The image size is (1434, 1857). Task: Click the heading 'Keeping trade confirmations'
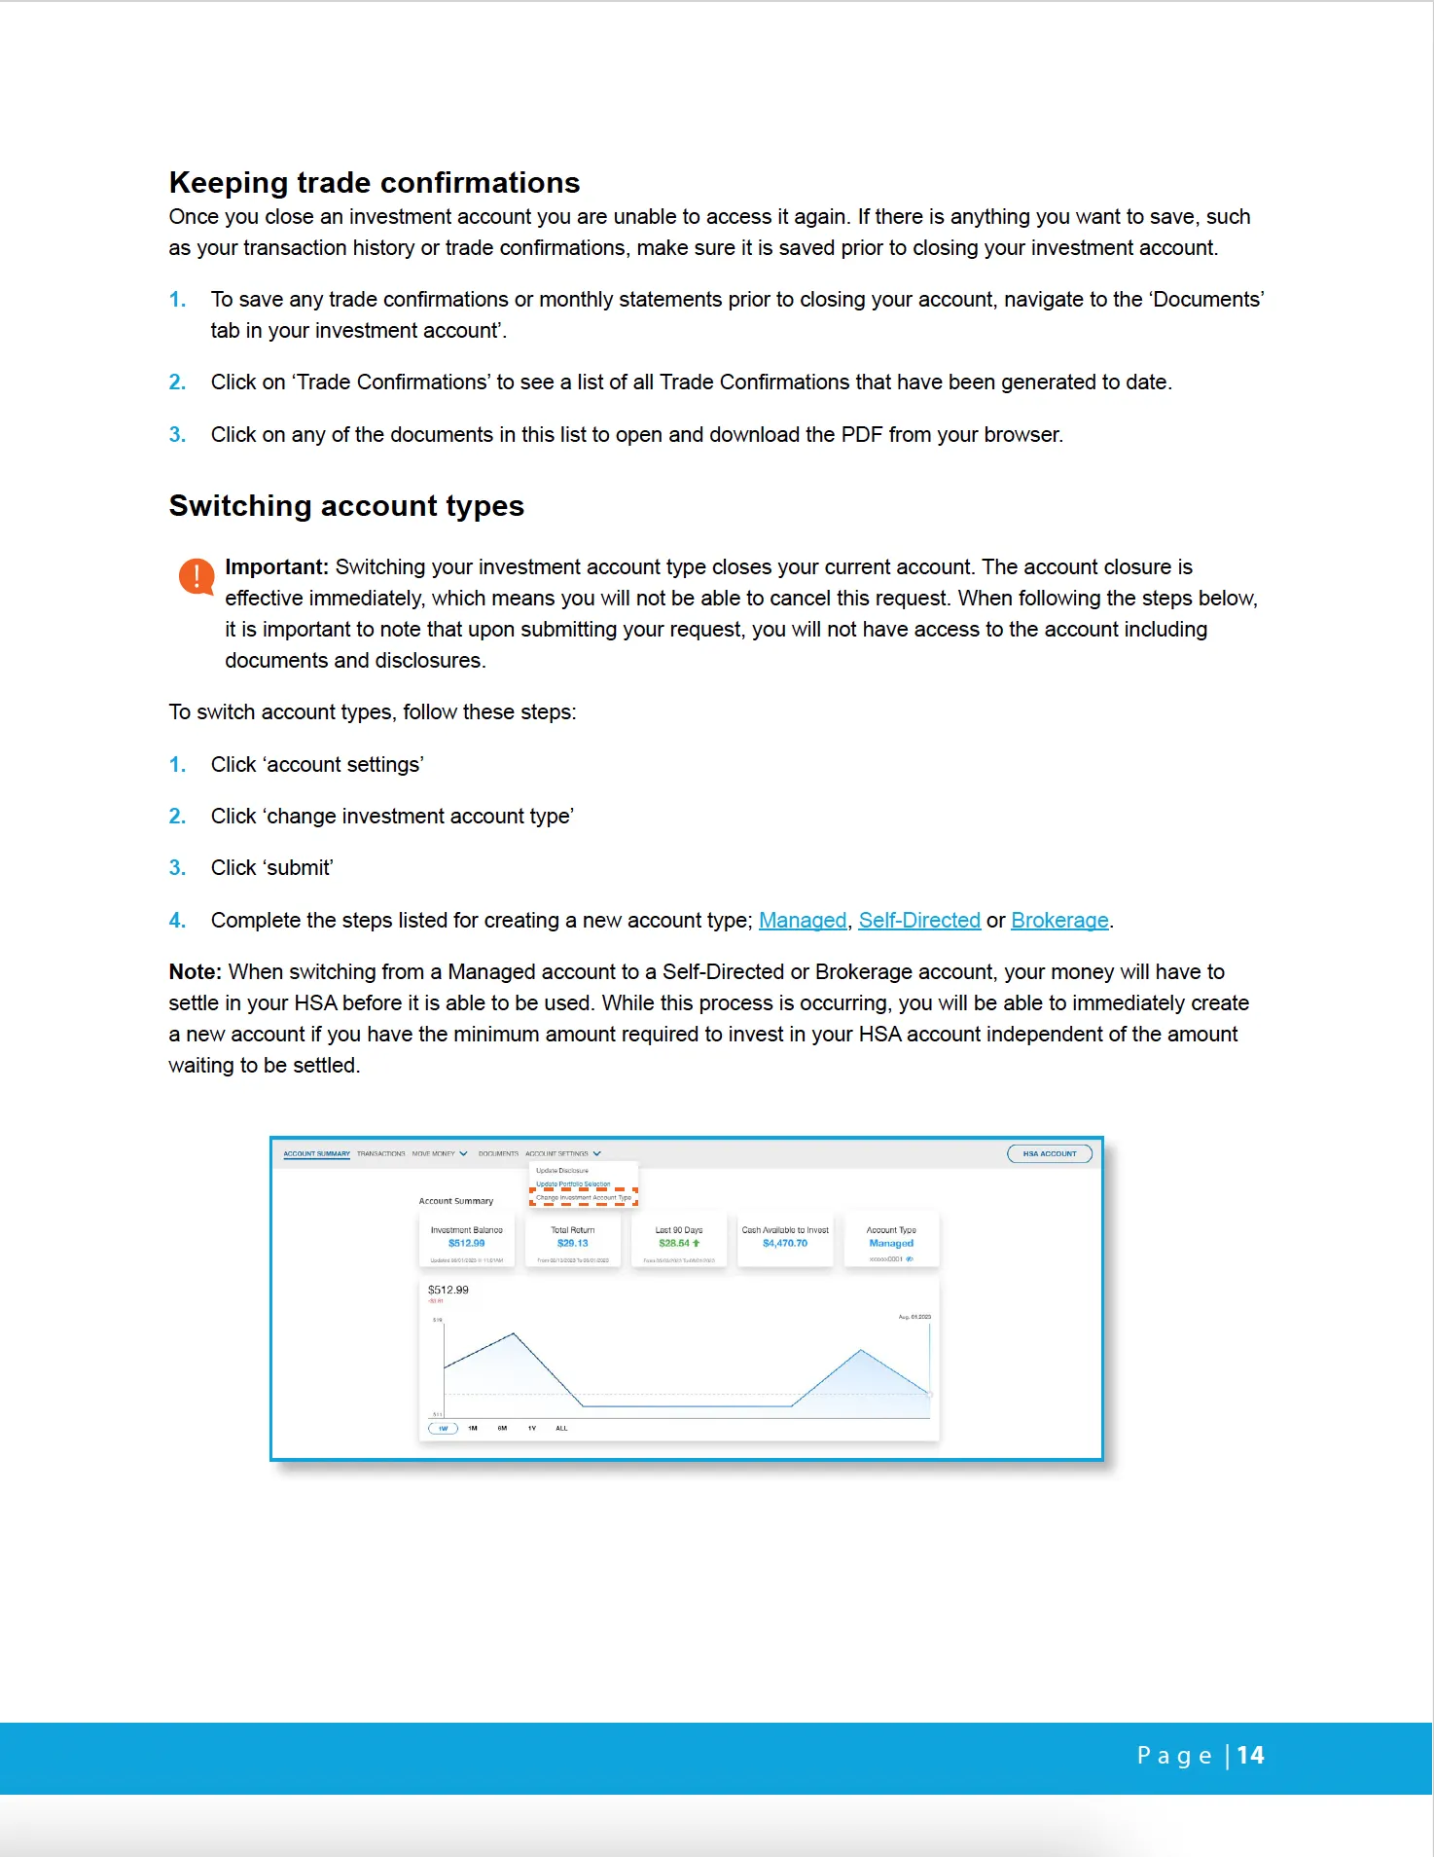coord(374,183)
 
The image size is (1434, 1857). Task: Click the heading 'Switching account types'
coord(346,506)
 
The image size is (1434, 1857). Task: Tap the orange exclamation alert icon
coord(197,576)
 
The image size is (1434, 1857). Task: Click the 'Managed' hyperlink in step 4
coord(802,921)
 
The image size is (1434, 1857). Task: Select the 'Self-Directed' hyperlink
coord(918,921)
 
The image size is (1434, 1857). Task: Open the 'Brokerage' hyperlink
coord(1058,921)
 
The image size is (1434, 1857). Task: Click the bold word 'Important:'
coord(276,567)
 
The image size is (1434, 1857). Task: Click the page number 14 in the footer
coord(1250,1756)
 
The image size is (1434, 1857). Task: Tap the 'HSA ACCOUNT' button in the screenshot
coord(1049,1154)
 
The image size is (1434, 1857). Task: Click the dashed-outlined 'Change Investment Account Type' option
coord(583,1198)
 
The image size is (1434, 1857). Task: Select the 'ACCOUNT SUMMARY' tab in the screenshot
coord(316,1154)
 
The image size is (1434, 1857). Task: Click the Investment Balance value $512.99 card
coord(466,1243)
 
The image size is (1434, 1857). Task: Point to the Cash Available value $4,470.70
coord(784,1243)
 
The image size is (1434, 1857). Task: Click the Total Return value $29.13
coord(572,1243)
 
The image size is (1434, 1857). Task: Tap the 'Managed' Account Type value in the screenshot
coord(890,1243)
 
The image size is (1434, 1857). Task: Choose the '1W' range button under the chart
coord(443,1429)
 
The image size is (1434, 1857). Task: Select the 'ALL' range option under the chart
coord(561,1429)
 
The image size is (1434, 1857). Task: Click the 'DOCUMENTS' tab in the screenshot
coord(498,1154)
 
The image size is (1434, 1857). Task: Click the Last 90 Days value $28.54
coord(674,1243)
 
